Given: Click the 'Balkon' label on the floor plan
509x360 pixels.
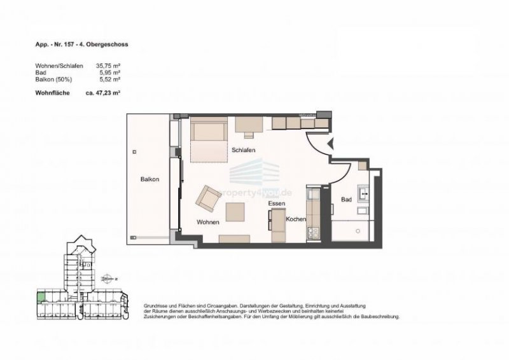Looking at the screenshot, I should point(150,179).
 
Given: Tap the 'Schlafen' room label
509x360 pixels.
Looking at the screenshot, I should point(244,149).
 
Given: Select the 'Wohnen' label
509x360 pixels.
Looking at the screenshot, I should point(208,222).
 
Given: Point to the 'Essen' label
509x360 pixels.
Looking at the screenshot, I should point(276,204).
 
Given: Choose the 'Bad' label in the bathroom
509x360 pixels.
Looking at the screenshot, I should point(346,199).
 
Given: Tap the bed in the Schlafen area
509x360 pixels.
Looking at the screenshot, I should point(207,140).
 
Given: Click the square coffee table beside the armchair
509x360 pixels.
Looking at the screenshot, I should point(236,211).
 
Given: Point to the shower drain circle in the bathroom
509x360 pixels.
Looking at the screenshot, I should point(358,231).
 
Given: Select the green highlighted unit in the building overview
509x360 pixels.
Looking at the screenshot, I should point(41,296).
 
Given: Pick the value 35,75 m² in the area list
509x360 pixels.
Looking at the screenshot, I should point(108,66).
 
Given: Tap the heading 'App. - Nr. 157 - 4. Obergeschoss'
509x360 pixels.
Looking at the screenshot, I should point(84,45).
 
